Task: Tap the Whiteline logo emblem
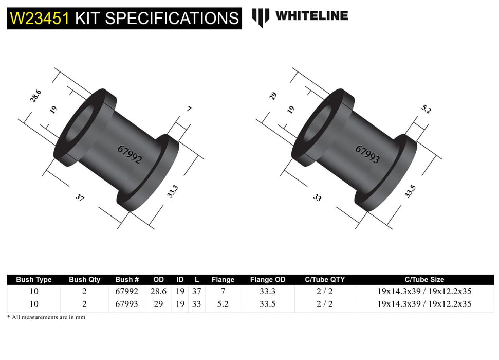coord(261,17)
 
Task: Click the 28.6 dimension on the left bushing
coord(35,97)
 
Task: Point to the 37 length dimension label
coord(80,197)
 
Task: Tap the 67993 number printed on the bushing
coord(367,154)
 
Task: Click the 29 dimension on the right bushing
coord(273,96)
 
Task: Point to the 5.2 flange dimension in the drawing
coord(426,109)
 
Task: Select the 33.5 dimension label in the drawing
coord(410,191)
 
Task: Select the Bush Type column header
coord(34,280)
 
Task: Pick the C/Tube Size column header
coord(424,280)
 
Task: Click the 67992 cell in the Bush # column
coord(127,291)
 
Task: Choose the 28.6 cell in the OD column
coord(159,291)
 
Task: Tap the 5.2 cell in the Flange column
coord(223,304)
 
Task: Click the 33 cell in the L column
coord(197,304)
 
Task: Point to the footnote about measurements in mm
coord(46,317)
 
